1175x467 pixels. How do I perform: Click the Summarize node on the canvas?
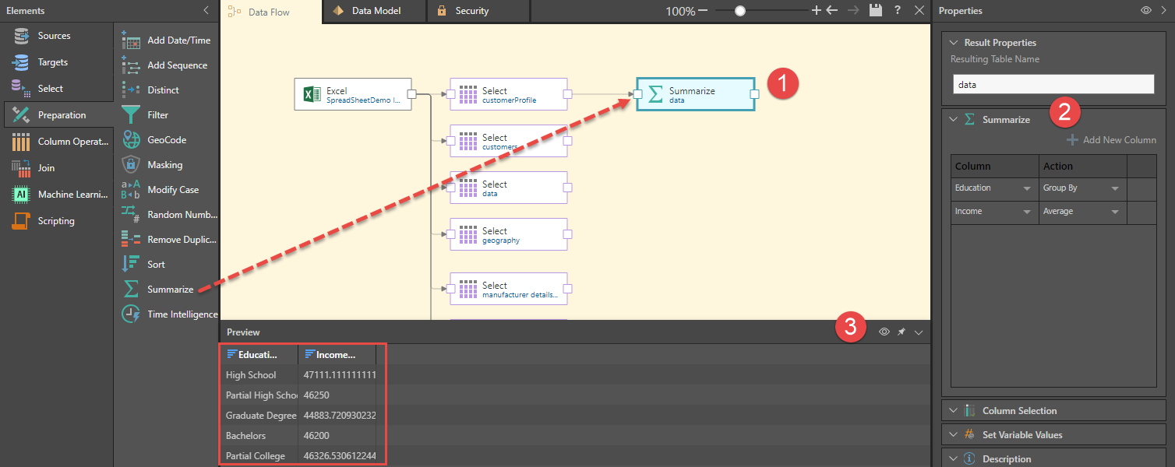click(x=695, y=94)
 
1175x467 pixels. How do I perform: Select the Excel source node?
click(x=352, y=94)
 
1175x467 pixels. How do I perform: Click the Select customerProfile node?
click(x=508, y=94)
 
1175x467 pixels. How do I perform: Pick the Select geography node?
click(x=508, y=234)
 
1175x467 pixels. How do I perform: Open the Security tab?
click(x=471, y=11)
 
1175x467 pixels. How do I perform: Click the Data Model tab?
click(x=377, y=11)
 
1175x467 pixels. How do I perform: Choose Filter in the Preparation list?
click(x=157, y=115)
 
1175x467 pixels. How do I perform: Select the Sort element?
click(x=156, y=265)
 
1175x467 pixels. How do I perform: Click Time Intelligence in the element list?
click(x=182, y=314)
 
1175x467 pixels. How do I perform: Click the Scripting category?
click(x=55, y=221)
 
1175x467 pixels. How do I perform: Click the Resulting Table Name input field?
click(x=1053, y=84)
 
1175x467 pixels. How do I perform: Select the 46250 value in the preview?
click(x=317, y=395)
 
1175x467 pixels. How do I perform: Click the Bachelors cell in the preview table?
click(x=246, y=436)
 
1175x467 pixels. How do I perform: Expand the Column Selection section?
click(x=1019, y=410)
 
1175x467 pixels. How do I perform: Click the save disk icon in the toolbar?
click(x=876, y=11)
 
